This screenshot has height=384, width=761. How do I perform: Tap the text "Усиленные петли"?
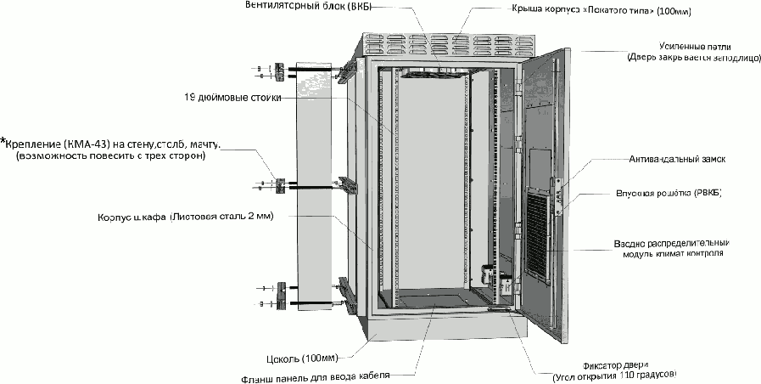tap(694, 46)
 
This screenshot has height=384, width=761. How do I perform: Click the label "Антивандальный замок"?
tap(675, 159)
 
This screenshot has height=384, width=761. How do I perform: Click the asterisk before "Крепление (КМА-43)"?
tap(3, 141)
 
